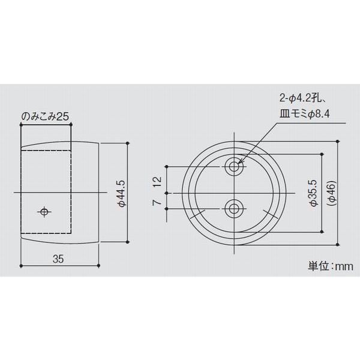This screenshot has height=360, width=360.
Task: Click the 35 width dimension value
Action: (58, 259)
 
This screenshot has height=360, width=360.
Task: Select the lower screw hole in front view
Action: (233, 209)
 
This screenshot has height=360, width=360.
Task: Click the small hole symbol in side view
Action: (44, 211)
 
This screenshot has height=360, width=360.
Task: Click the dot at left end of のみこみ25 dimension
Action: (21, 124)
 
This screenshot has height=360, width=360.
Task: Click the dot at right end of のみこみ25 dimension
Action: (72, 124)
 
